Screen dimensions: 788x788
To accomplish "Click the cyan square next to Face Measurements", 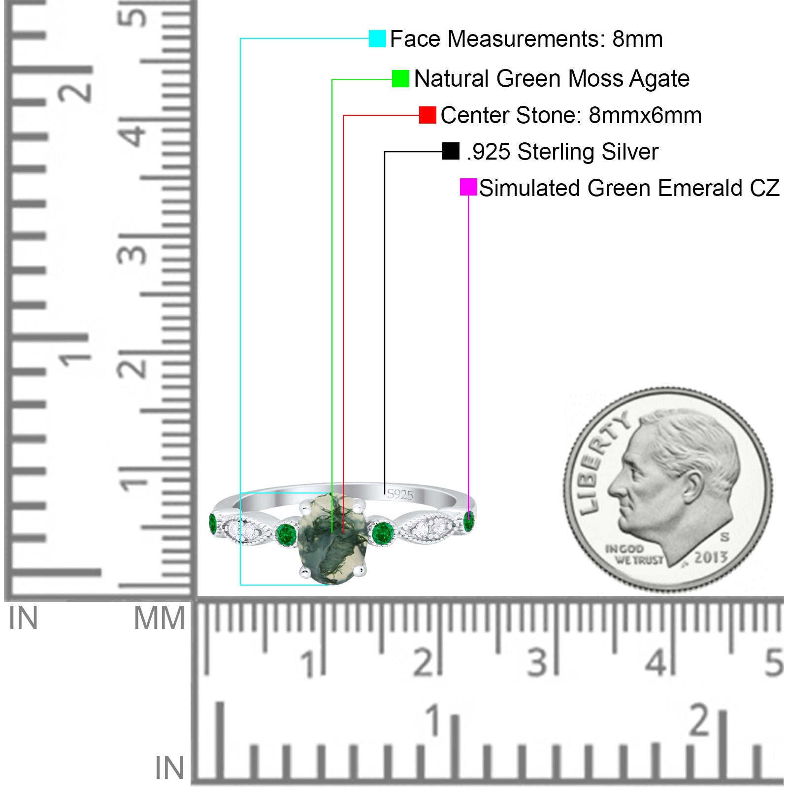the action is coord(377,38).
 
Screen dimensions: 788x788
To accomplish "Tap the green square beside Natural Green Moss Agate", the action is coord(400,78).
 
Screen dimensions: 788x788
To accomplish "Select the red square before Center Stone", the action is coord(427,115).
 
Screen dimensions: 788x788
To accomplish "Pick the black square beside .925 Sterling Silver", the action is coord(451,151).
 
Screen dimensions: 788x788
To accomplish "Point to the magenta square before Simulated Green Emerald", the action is coord(468,187).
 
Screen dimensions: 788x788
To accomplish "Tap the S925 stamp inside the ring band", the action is coord(400,494).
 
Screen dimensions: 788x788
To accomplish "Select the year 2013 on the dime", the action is coord(711,557).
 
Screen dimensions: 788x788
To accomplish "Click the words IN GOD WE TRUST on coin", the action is coord(634,554).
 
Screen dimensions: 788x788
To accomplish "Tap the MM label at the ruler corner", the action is coord(160,618).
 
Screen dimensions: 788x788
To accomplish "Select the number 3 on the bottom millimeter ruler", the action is coord(537,662).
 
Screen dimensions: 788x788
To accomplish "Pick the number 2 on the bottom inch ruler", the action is coord(700,720).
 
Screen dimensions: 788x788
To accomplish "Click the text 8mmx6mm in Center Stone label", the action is coord(645,115).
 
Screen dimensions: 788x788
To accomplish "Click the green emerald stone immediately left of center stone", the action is coord(286,533).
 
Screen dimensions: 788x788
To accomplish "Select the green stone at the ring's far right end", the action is coord(469,522).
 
